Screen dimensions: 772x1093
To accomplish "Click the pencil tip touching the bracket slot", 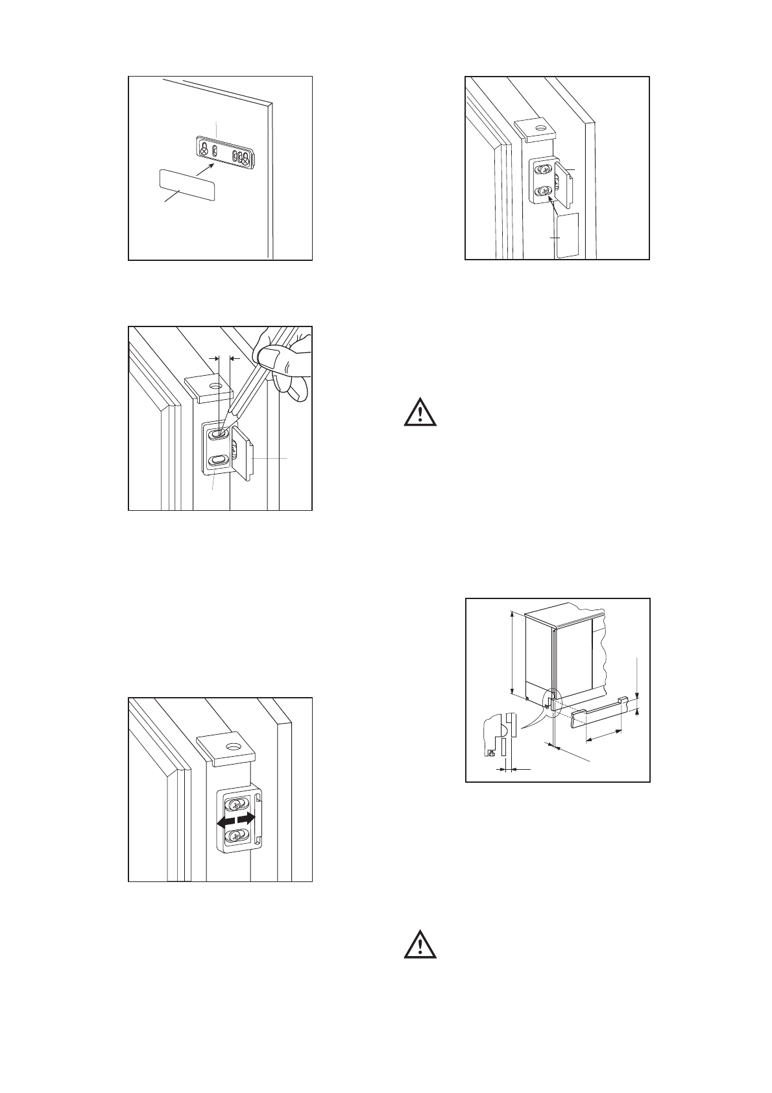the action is (223, 430).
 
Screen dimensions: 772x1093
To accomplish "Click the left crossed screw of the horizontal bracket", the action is (204, 151).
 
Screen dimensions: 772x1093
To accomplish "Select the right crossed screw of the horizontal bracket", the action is (245, 157).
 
